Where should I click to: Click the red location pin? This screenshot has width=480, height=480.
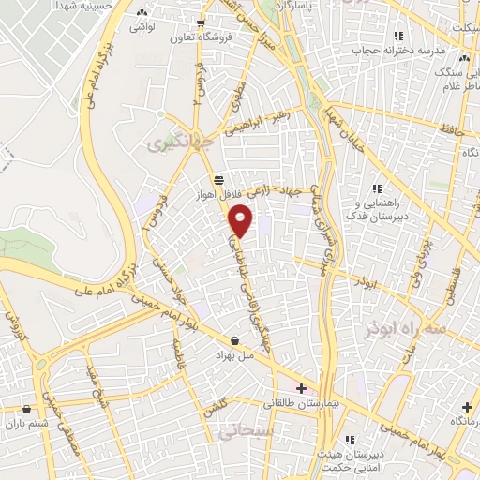[x=242, y=219]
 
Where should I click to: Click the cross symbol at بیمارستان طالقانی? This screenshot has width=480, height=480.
[x=301, y=388]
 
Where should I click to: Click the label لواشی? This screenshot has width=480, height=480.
[x=143, y=28]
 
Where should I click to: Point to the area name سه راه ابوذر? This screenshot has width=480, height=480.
[x=394, y=325]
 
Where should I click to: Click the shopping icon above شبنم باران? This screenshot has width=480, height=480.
[x=26, y=409]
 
